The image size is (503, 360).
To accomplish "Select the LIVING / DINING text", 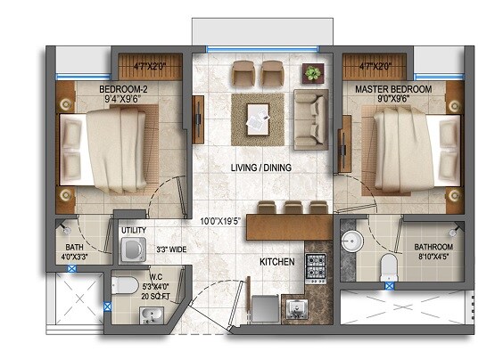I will (x=261, y=168).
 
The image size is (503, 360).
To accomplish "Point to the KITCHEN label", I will (x=277, y=262).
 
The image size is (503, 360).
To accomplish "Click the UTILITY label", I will (x=134, y=231).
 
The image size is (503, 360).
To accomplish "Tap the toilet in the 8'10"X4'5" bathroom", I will (x=387, y=266).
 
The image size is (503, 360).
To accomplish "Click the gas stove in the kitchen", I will (x=317, y=264).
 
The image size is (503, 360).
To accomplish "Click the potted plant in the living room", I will (x=313, y=72).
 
